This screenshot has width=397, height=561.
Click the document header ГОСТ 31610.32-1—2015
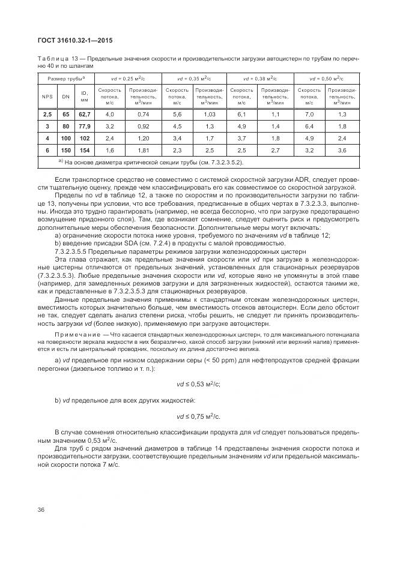click(x=71, y=40)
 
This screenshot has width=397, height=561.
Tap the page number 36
click(x=41, y=510)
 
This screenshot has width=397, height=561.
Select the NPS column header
click(x=47, y=96)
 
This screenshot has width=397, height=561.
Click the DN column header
click(x=66, y=96)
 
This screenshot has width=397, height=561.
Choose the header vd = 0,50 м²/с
click(x=326, y=79)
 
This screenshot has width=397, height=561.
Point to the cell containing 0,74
click(x=143, y=114)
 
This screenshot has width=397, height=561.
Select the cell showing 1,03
click(x=209, y=114)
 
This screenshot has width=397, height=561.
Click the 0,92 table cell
click(x=143, y=127)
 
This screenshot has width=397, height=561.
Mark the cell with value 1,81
click(x=143, y=150)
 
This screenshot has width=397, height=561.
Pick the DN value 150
click(x=66, y=150)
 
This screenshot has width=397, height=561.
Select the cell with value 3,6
click(x=342, y=150)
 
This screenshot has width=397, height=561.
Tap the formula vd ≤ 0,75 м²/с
click(x=198, y=415)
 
